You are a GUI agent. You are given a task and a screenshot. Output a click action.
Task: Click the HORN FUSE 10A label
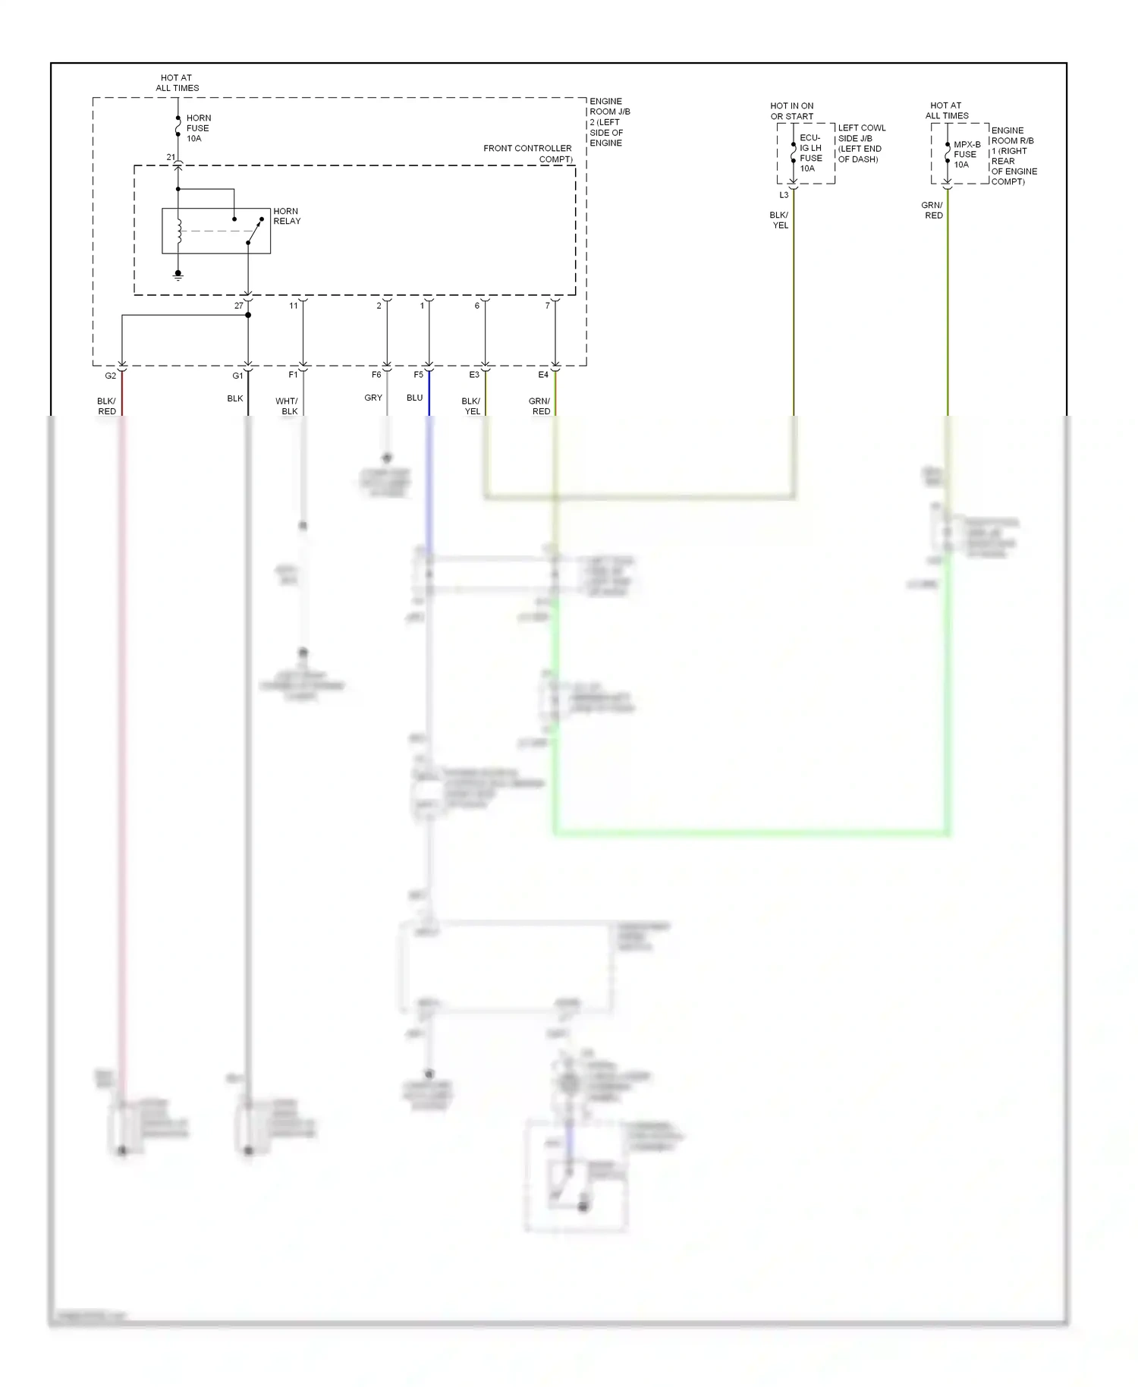(x=198, y=128)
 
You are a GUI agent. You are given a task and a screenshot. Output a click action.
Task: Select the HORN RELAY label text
(x=287, y=216)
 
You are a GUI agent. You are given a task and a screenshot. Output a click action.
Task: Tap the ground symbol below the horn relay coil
(x=178, y=275)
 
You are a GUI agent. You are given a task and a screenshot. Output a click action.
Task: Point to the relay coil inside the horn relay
(x=179, y=231)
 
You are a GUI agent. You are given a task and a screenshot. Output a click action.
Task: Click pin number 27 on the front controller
(x=239, y=306)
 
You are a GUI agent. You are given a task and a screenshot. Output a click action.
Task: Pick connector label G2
(x=111, y=376)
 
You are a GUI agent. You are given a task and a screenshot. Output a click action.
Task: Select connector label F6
(x=376, y=375)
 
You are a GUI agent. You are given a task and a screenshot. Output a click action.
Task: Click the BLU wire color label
(x=414, y=398)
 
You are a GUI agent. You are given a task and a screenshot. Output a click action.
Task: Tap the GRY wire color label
(x=373, y=398)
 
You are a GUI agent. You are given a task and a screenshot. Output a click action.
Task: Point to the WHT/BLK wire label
(x=287, y=406)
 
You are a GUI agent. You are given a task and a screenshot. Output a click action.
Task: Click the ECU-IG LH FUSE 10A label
(x=810, y=153)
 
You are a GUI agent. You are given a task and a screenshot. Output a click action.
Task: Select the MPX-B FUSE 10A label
(x=967, y=154)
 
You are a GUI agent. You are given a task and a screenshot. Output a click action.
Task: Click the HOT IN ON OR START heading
(x=791, y=111)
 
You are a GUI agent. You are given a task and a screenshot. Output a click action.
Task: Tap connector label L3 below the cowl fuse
(x=784, y=195)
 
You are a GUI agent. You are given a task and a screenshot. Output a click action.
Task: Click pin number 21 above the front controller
(x=171, y=157)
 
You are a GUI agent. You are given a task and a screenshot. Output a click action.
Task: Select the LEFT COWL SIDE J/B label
(x=861, y=143)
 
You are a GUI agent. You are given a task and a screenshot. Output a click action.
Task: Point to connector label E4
(x=543, y=375)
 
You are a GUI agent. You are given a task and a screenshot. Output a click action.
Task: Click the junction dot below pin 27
(x=248, y=315)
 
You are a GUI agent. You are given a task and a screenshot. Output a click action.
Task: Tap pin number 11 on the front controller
(x=294, y=306)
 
